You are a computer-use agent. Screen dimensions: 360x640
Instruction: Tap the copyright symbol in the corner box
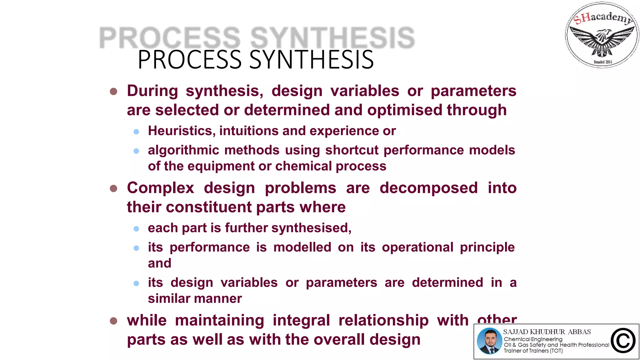[x=623, y=341]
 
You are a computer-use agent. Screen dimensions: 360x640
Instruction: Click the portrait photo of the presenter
[x=489, y=341]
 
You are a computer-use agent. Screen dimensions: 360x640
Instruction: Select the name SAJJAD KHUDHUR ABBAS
[x=547, y=332]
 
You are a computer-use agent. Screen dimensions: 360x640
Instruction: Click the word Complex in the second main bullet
[x=160, y=188]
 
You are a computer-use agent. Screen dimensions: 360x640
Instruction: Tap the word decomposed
[x=428, y=188]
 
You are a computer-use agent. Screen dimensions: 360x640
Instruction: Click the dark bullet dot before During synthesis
[x=113, y=92]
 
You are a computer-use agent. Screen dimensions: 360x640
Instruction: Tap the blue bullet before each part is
[x=136, y=229]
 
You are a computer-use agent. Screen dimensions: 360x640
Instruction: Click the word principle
[x=487, y=247]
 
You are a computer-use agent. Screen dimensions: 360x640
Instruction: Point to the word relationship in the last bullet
[x=383, y=321]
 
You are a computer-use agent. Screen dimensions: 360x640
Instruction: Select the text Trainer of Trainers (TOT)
[x=533, y=351]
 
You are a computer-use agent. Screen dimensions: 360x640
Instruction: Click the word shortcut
[x=352, y=150]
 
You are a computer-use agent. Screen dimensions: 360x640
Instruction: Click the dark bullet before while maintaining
[x=113, y=321]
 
